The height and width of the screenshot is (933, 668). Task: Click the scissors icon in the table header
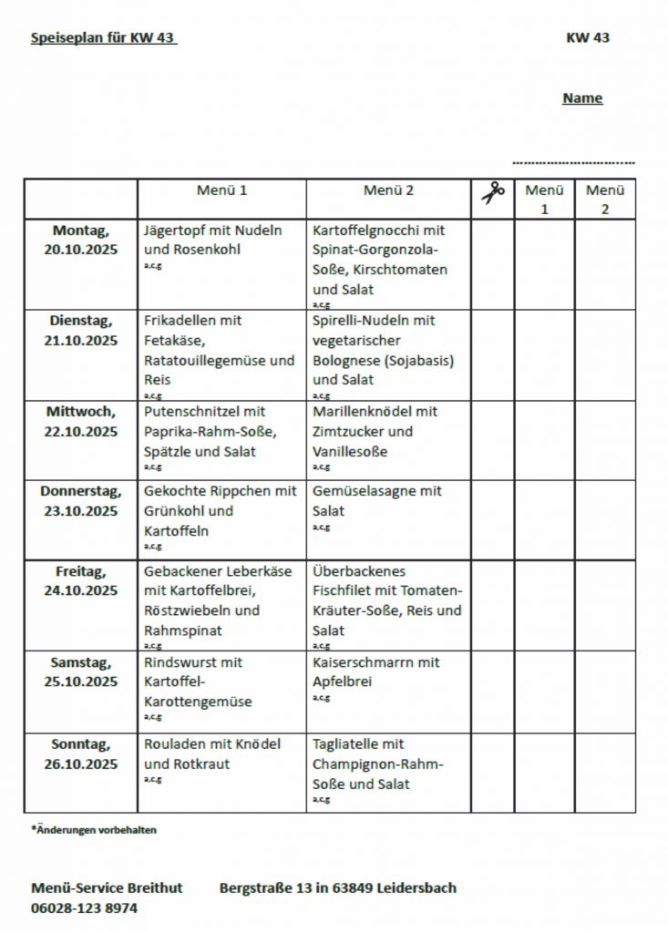click(x=493, y=192)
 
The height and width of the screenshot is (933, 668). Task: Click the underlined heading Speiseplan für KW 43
click(x=103, y=38)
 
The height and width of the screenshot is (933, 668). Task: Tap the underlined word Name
click(x=582, y=98)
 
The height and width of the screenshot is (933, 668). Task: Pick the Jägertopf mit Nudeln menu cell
click(x=213, y=241)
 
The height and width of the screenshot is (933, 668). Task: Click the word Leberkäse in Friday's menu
click(x=259, y=571)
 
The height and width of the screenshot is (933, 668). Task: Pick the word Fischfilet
click(x=345, y=590)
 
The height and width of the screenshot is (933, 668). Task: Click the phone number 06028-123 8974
click(x=85, y=907)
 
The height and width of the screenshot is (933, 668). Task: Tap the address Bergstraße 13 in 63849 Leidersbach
click(x=337, y=887)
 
